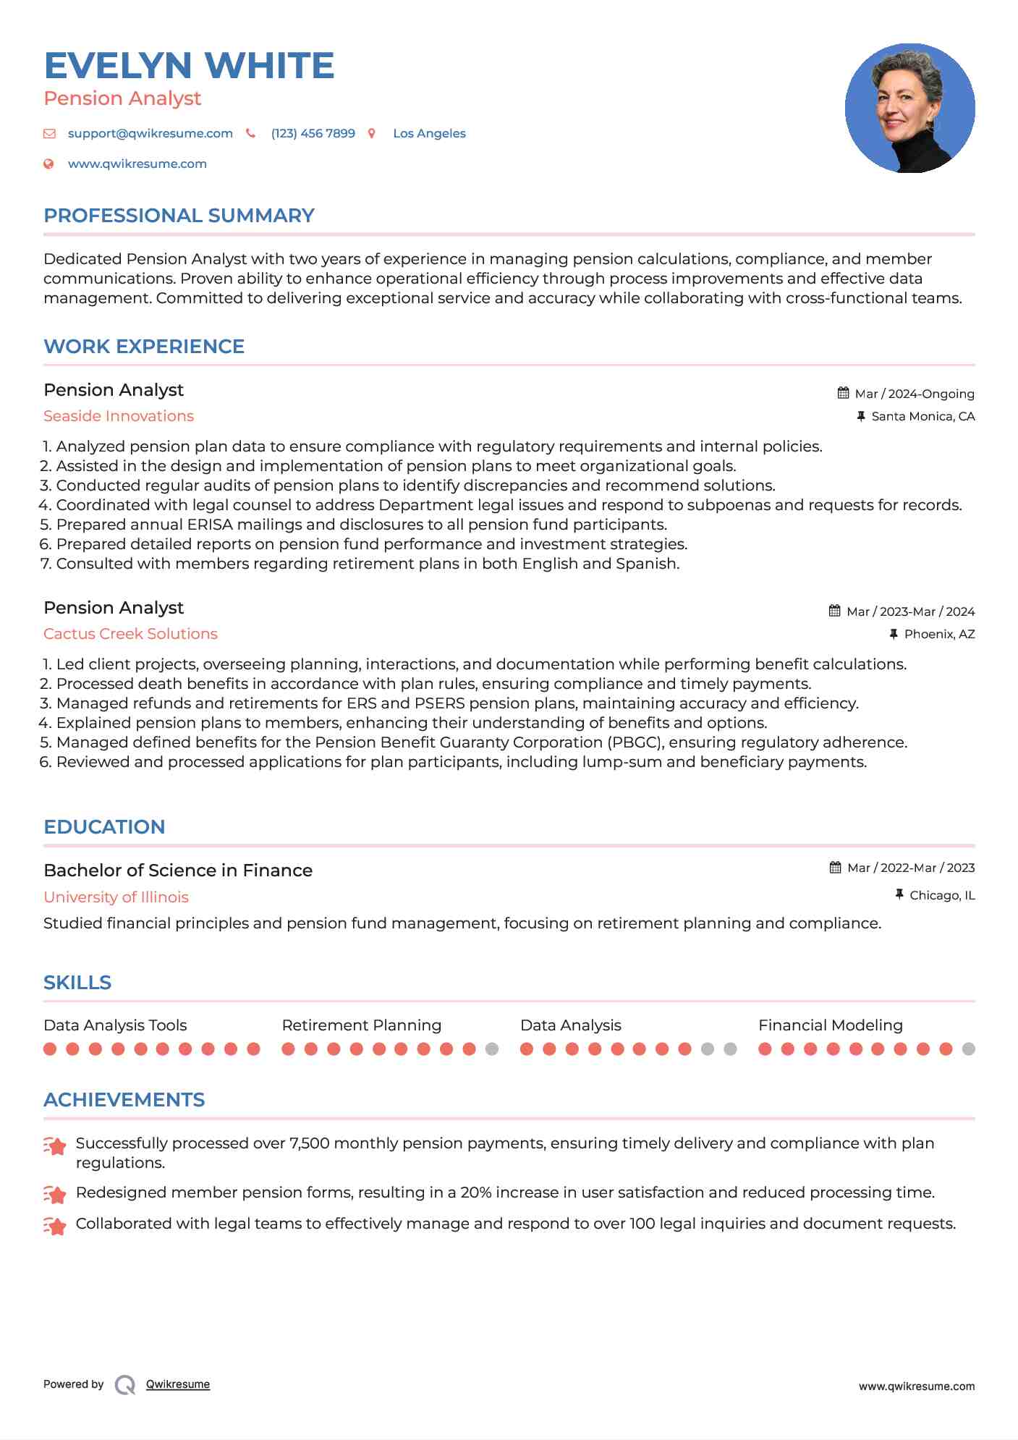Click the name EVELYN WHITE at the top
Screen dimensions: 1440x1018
(x=189, y=66)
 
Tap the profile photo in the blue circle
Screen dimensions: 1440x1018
(x=909, y=109)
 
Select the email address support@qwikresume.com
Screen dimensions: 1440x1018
(x=150, y=134)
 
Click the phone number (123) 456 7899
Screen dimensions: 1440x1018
(x=313, y=134)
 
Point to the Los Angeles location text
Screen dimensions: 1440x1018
(x=429, y=134)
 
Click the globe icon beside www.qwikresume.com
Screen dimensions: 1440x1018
(x=49, y=164)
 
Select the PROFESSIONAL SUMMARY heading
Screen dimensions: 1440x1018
(x=179, y=216)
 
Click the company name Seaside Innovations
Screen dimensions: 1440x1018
(x=119, y=416)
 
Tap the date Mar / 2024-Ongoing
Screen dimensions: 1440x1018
(x=914, y=394)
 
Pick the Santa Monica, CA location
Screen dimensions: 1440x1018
(x=922, y=416)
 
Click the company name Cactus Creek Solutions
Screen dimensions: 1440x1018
(x=130, y=634)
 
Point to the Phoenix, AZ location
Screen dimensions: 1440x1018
(x=939, y=634)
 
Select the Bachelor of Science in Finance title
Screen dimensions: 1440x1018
(x=178, y=871)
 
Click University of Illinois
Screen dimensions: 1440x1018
(x=116, y=897)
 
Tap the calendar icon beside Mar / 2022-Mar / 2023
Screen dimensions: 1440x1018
(x=835, y=868)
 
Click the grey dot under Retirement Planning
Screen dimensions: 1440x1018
(x=492, y=1049)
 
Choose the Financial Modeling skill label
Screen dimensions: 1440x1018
(x=830, y=1025)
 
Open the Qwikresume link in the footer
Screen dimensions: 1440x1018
(x=178, y=1384)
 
